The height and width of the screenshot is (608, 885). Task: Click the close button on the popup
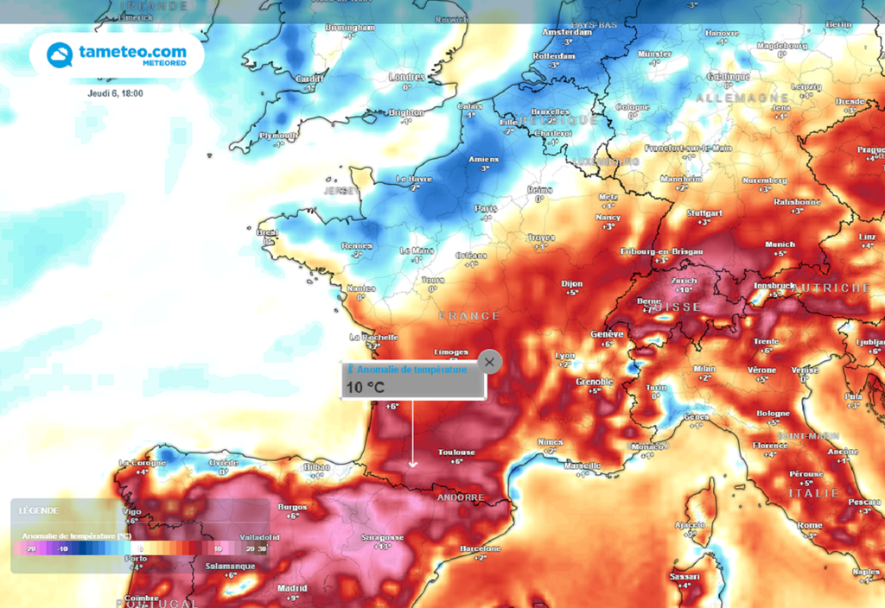(489, 362)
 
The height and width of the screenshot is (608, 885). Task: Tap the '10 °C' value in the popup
(364, 388)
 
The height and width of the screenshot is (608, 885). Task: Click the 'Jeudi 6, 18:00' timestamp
(115, 93)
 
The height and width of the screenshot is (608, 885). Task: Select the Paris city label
(486, 208)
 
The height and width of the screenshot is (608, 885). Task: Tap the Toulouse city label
(456, 453)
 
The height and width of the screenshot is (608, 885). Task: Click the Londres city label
(406, 77)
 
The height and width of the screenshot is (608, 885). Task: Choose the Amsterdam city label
(566, 32)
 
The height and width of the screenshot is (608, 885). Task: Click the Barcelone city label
(481, 549)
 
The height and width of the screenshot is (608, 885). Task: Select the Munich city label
(780, 244)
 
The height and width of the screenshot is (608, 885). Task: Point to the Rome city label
(810, 525)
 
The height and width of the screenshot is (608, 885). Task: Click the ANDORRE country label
(460, 497)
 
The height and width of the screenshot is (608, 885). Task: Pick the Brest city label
(267, 232)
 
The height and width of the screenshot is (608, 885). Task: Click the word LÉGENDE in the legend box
(39, 510)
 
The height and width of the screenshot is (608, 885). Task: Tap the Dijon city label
(572, 283)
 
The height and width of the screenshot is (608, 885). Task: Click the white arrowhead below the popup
(413, 464)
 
